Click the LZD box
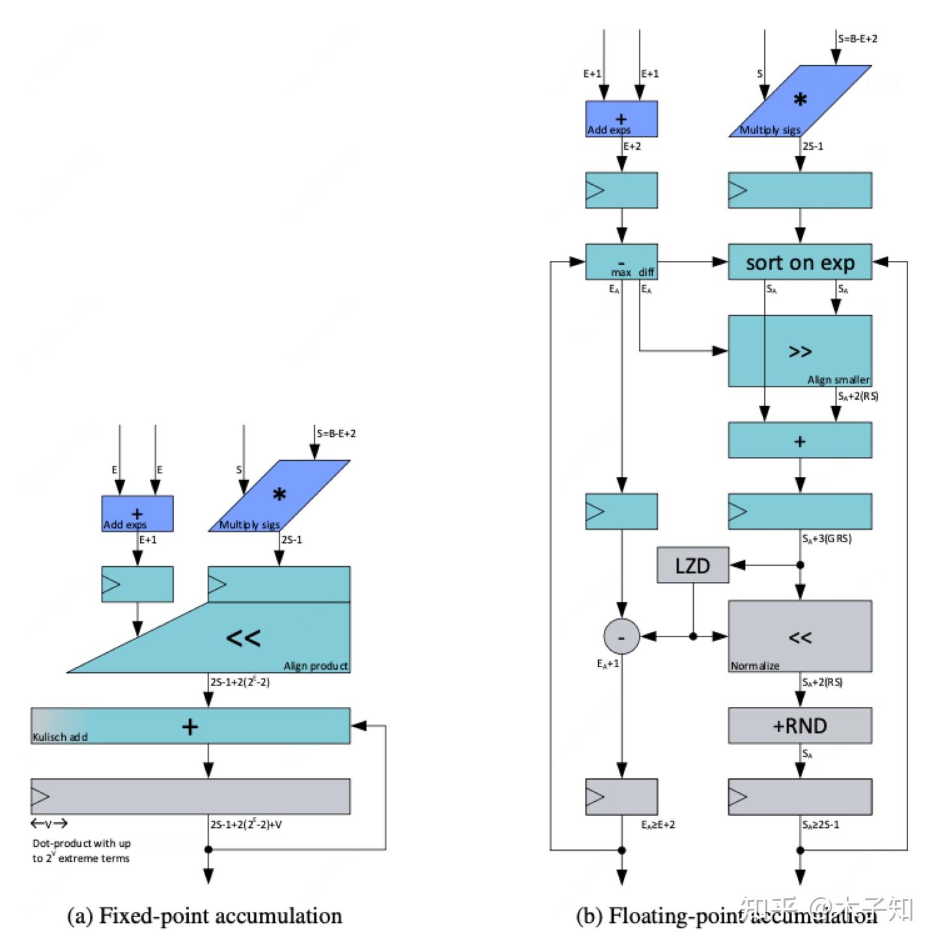tap(692, 565)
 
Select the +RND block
tap(799, 726)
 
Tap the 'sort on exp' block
tap(799, 262)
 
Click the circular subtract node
tap(621, 637)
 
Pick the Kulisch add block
tap(190, 726)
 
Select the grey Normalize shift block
tap(799, 637)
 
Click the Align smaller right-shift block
tap(799, 351)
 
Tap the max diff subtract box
tap(621, 262)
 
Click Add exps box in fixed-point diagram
tap(137, 514)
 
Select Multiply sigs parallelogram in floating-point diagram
tap(799, 102)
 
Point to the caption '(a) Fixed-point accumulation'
tap(205, 916)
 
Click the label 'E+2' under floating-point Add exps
tap(632, 146)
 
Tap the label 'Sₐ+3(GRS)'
tap(827, 538)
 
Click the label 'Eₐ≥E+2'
tap(658, 825)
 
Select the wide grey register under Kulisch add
tap(190, 797)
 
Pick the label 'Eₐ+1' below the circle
tap(608, 664)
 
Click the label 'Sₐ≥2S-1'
tap(821, 825)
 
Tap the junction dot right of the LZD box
tap(800, 565)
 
